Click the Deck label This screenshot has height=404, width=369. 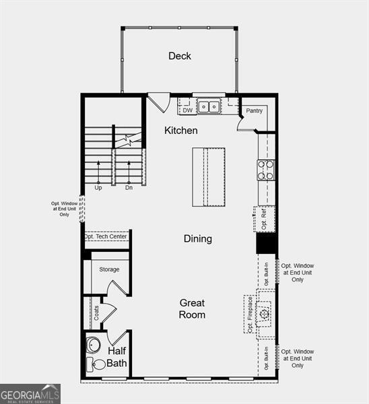(x=180, y=56)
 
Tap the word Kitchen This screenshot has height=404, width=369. (x=181, y=130)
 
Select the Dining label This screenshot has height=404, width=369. (x=198, y=238)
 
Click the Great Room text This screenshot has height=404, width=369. (x=192, y=308)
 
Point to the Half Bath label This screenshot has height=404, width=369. (x=117, y=357)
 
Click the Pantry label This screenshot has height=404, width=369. (x=254, y=110)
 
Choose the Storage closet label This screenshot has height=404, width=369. (x=109, y=269)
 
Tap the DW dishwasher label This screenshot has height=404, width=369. (x=187, y=110)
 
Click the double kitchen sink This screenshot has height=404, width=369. (x=209, y=106)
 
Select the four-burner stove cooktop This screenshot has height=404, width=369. (x=265, y=169)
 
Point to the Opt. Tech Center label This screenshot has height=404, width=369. (x=106, y=236)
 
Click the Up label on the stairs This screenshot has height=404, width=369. (x=98, y=187)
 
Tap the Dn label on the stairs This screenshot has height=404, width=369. (x=129, y=187)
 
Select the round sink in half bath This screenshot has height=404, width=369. (x=94, y=344)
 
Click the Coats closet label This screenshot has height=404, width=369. (x=96, y=312)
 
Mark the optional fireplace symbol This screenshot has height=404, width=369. (x=264, y=314)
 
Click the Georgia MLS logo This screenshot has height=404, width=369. (x=30, y=393)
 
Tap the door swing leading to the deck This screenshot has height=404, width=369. (x=159, y=102)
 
